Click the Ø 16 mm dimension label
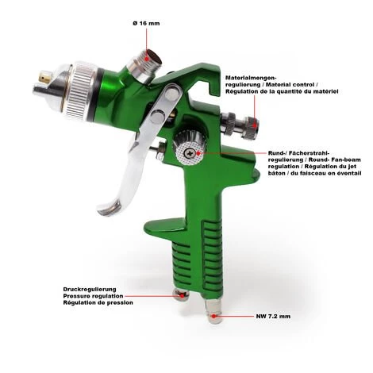click(x=146, y=23)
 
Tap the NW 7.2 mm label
click(x=273, y=316)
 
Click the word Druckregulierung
click(x=90, y=289)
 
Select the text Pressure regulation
click(x=93, y=296)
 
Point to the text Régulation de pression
click(x=98, y=302)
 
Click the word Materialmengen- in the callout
click(x=251, y=78)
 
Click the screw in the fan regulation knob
click(x=190, y=152)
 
